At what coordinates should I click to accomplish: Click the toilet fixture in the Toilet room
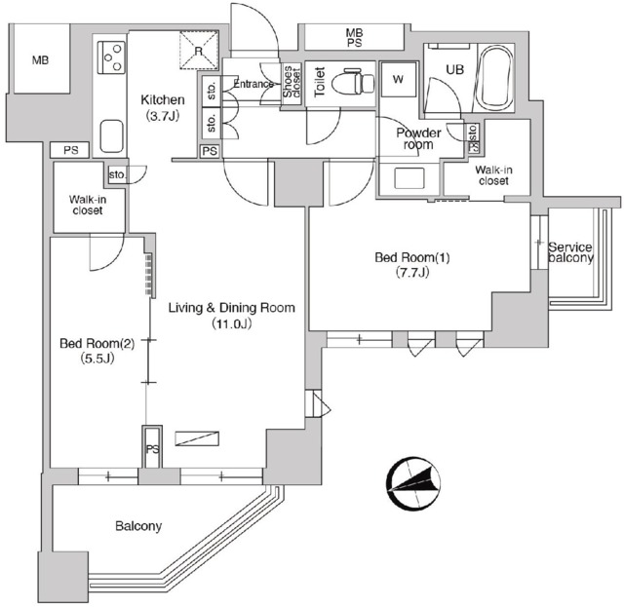tap(353, 83)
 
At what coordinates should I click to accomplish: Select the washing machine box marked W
tap(398, 79)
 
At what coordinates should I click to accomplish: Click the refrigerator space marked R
tap(199, 50)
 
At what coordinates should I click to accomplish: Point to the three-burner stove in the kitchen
tap(110, 57)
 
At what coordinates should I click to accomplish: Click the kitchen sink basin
tap(111, 135)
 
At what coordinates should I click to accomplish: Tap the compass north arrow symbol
tap(413, 484)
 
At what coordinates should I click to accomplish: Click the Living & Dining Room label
tap(232, 308)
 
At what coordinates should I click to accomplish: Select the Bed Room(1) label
tap(412, 257)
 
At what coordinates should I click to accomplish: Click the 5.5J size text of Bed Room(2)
tap(97, 359)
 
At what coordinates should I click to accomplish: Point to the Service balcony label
tap(570, 252)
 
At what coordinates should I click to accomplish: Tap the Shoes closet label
tap(292, 82)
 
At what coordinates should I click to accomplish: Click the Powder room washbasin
tap(409, 178)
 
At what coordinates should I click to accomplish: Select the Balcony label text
tap(138, 526)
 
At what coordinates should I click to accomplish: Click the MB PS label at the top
tap(354, 37)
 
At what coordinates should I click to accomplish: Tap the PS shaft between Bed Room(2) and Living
tap(152, 446)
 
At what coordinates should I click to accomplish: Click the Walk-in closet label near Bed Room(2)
tap(88, 205)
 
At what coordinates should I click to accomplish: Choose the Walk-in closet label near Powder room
tap(493, 175)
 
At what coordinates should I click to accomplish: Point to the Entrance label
tap(253, 84)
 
